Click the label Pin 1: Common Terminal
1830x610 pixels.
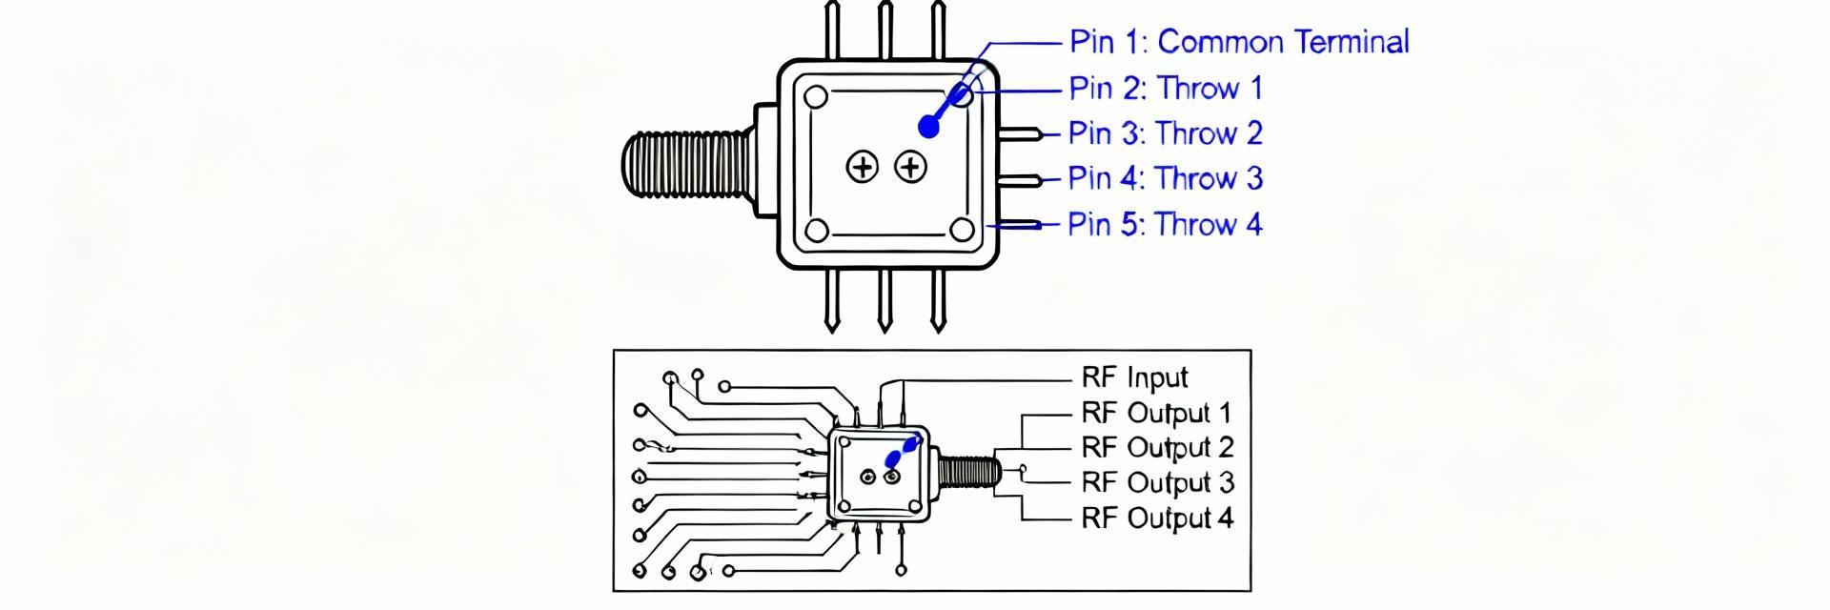point(1238,42)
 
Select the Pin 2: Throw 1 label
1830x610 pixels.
point(1165,89)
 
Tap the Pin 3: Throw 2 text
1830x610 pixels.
point(1165,133)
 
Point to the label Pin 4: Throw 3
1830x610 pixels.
point(1165,178)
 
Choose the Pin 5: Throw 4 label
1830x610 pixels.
point(1165,224)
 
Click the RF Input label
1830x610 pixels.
point(1134,377)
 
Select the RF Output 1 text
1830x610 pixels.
point(1156,413)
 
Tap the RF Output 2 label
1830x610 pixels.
point(1157,447)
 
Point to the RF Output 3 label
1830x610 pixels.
point(1157,482)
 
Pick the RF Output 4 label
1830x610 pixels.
point(1157,518)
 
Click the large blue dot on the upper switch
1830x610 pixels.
point(929,127)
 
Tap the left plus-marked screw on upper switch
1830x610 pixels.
point(863,168)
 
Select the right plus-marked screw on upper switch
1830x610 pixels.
point(911,168)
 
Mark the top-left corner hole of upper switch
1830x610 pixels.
point(816,97)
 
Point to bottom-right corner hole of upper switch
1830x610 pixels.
point(963,230)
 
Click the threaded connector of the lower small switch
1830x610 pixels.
point(966,470)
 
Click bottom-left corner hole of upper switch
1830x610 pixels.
point(816,230)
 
